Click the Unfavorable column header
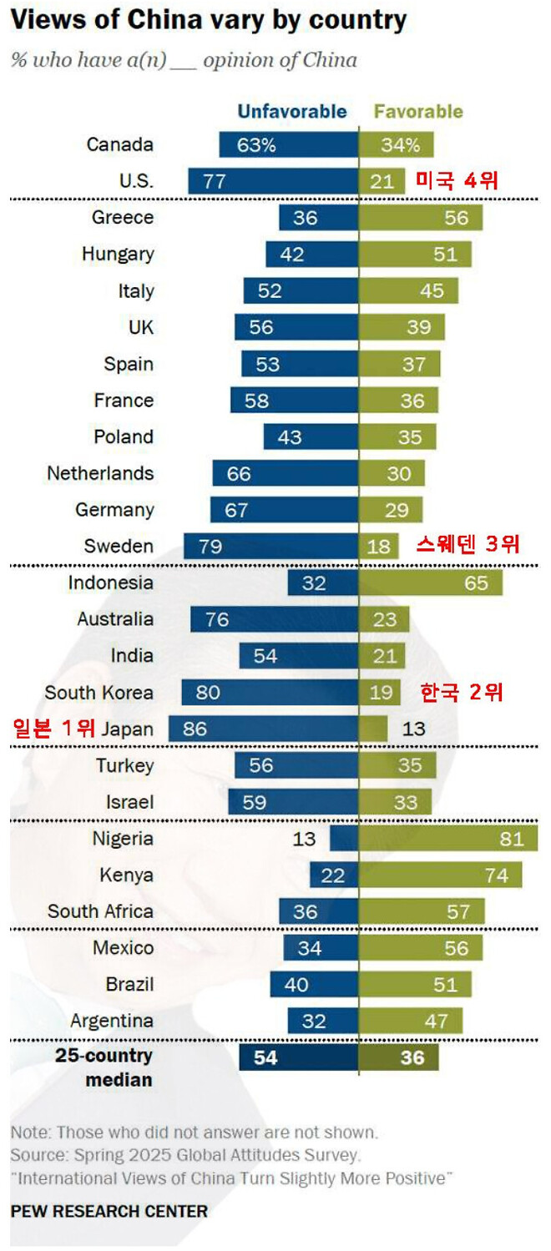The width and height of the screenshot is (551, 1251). (x=291, y=112)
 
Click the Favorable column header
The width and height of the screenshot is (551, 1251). (x=417, y=112)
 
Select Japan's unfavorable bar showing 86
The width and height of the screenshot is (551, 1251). (x=263, y=729)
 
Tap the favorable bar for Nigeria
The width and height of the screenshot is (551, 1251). (x=447, y=839)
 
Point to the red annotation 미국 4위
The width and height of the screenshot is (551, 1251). (x=456, y=180)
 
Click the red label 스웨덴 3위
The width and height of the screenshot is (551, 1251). (x=468, y=545)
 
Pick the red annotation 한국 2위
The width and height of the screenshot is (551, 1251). (x=462, y=692)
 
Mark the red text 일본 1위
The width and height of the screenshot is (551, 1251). (x=53, y=729)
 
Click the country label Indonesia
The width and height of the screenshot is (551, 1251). (x=111, y=583)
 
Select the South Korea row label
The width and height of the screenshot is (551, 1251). (x=99, y=693)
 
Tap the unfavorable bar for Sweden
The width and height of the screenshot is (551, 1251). (x=270, y=546)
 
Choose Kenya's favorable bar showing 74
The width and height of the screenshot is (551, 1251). (x=440, y=875)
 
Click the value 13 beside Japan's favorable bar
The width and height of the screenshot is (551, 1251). (x=413, y=729)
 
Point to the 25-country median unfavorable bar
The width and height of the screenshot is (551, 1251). (x=298, y=1058)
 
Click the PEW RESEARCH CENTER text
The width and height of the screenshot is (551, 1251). (x=109, y=1210)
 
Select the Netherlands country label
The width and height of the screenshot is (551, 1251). (x=100, y=473)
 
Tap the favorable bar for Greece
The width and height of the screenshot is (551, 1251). (x=421, y=218)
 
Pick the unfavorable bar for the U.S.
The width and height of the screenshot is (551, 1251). (x=273, y=181)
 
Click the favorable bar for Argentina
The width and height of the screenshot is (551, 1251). (x=410, y=1021)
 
